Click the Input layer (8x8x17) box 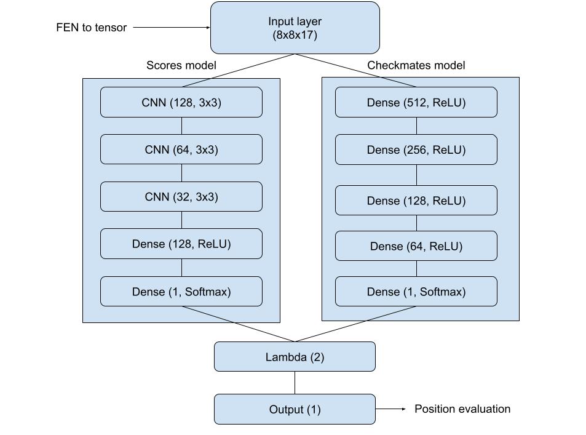point(295,28)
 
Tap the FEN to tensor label point(91,27)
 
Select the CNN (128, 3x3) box point(181,102)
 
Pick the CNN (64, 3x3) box point(181,150)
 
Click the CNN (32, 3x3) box point(181,196)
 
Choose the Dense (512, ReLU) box point(416,102)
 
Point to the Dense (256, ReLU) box point(416,150)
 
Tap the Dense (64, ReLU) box point(416,245)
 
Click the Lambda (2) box point(295,356)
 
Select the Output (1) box point(295,409)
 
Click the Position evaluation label point(462,409)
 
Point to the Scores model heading point(181,65)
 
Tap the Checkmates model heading point(416,65)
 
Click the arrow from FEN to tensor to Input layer point(172,27)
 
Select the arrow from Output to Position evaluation point(390,409)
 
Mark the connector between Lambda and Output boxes point(295,383)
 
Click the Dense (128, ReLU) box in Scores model point(181,244)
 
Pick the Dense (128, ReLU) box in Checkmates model point(416,200)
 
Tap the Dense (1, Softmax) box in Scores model point(181,292)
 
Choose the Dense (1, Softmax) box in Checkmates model point(416,292)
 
